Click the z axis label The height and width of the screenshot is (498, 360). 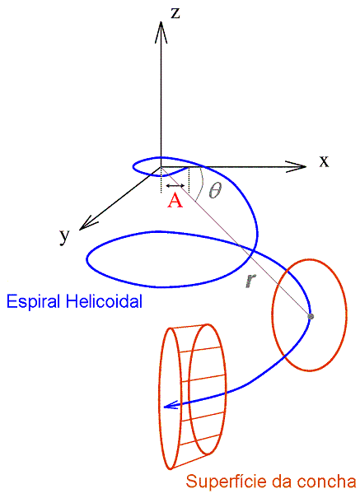pyautogui.click(x=175, y=13)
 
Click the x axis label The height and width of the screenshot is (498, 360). pyautogui.click(x=324, y=161)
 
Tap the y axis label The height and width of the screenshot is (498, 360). pyautogui.click(x=64, y=236)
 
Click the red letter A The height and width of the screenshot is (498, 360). pyautogui.click(x=175, y=201)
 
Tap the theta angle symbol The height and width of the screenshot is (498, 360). pyautogui.click(x=214, y=191)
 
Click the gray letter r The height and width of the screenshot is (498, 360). pyautogui.click(x=250, y=281)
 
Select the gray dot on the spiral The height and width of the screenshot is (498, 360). pyautogui.click(x=311, y=316)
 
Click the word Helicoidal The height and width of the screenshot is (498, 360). pyautogui.click(x=104, y=301)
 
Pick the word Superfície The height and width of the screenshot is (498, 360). pyautogui.click(x=227, y=482)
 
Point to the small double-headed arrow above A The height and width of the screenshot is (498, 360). pyautogui.click(x=175, y=186)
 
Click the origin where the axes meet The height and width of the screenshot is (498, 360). pyautogui.click(x=161, y=167)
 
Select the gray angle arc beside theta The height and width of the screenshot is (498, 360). pyautogui.click(x=200, y=184)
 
